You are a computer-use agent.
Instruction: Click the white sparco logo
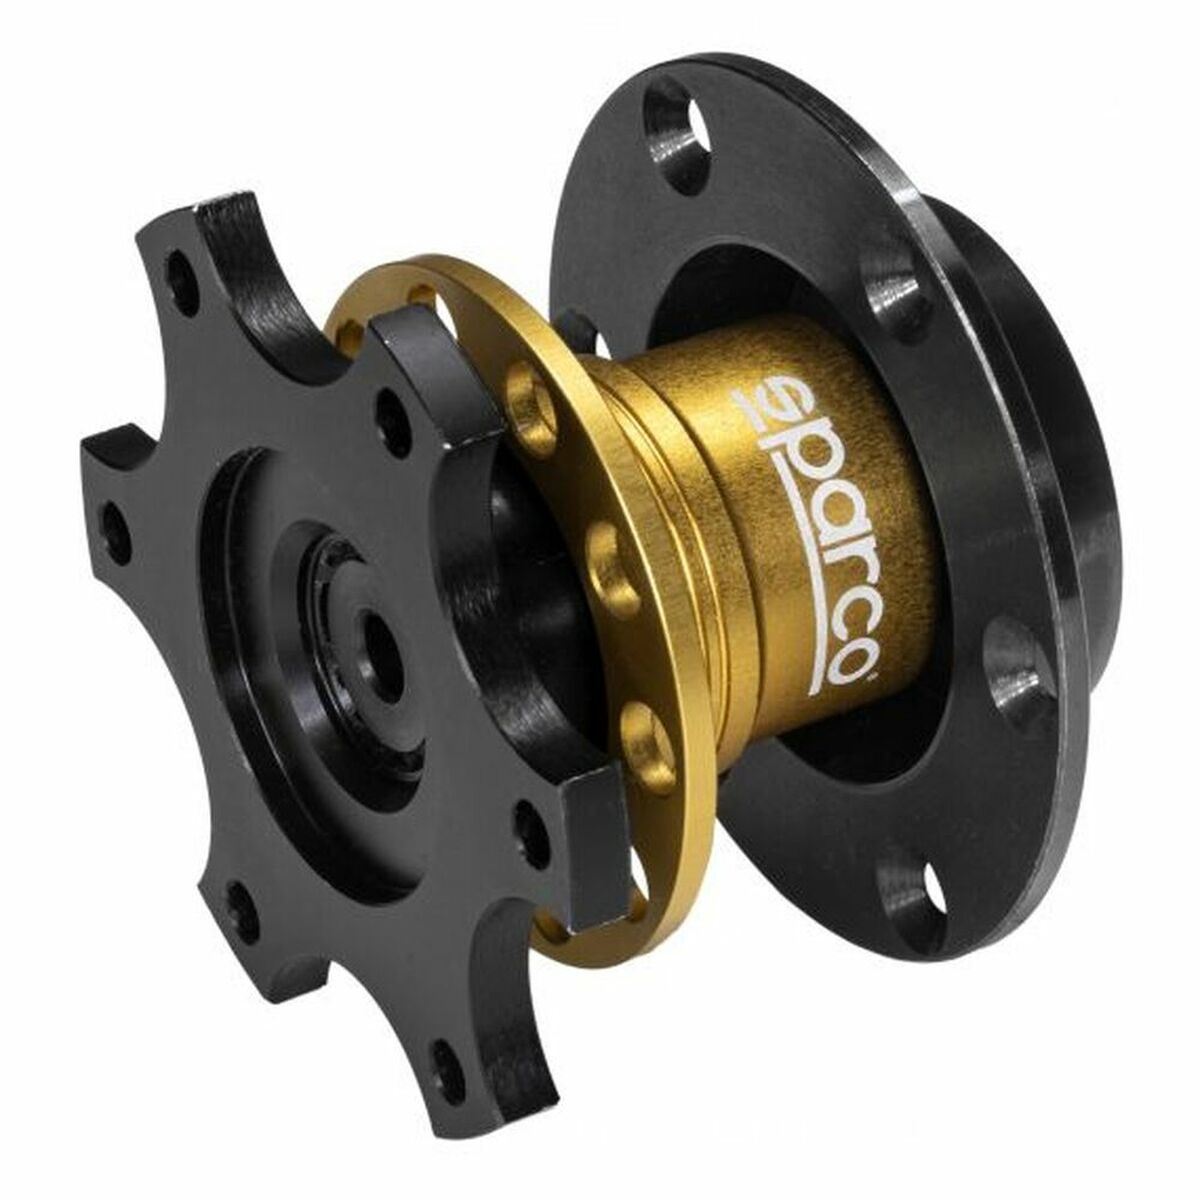point(808,530)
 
